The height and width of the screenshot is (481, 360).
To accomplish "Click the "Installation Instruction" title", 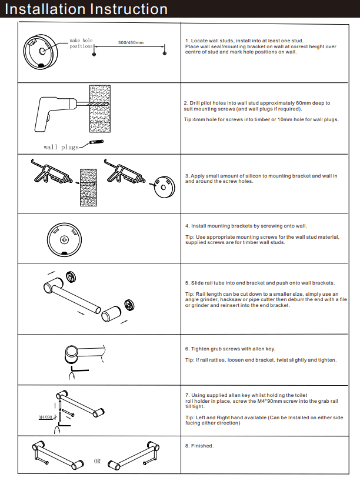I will pos(86,9).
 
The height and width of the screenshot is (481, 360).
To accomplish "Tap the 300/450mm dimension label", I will pos(131,43).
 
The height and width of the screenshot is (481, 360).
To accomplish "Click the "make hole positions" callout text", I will pos(81,43).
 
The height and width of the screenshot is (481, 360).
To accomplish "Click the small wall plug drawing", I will pos(96,142).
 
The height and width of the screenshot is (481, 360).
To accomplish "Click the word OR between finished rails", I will pos(98,461).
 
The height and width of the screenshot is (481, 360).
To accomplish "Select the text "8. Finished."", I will pos(199,446).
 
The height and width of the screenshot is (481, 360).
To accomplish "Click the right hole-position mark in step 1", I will pos(165,54).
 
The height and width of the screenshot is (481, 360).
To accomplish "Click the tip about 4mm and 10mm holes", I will pos(261,119).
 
